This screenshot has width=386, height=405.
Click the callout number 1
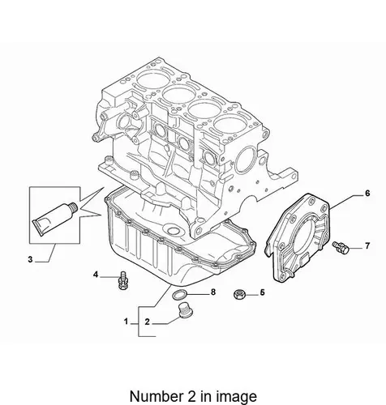pyautogui.click(x=126, y=322)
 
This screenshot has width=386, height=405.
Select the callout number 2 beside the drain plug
pyautogui.click(x=147, y=322)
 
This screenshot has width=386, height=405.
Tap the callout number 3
pyautogui.click(x=30, y=260)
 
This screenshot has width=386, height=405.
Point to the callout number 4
pyautogui.click(x=96, y=275)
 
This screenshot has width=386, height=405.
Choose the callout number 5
pyautogui.click(x=262, y=292)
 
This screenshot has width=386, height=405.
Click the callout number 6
pyautogui.click(x=367, y=194)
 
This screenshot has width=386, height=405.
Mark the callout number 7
pyautogui.click(x=367, y=246)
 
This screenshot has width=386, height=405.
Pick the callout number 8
pyautogui.click(x=213, y=292)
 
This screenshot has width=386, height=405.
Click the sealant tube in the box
pyautogui.click(x=56, y=219)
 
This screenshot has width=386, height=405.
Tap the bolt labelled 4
pyautogui.click(x=122, y=280)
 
